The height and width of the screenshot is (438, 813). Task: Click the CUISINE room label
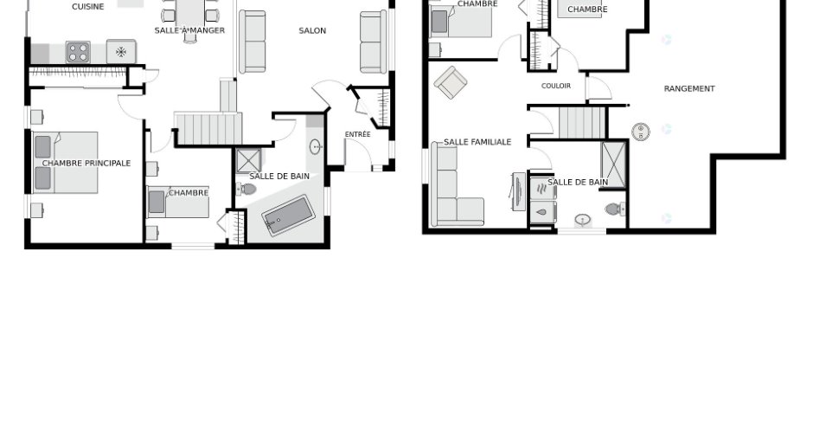tap(87, 7)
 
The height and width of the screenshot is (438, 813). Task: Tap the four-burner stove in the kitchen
tap(78, 53)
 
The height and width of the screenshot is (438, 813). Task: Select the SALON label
tap(312, 30)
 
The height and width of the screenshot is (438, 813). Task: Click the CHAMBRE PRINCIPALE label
tap(86, 163)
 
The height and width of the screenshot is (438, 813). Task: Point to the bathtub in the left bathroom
tap(288, 215)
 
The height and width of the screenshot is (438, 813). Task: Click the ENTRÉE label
tap(358, 134)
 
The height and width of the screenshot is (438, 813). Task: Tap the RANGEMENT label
tap(689, 89)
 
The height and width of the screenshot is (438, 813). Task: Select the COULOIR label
tap(556, 86)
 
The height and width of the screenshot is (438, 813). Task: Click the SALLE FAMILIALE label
tap(477, 142)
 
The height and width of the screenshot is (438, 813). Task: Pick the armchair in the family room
tap(451, 82)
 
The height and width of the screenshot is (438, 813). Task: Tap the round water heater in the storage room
tap(641, 132)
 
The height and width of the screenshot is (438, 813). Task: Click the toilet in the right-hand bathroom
tap(615, 209)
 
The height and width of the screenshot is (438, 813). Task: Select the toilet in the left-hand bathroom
tap(246, 189)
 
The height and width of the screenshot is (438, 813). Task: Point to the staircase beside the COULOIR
tap(582, 122)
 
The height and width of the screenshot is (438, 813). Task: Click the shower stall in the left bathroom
tap(249, 161)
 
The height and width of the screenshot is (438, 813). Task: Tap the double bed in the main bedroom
tap(66, 163)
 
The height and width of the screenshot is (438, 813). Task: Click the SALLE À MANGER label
tap(189, 30)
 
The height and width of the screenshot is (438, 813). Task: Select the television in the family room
tap(518, 191)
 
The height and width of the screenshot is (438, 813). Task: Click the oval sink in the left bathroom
tap(316, 147)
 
